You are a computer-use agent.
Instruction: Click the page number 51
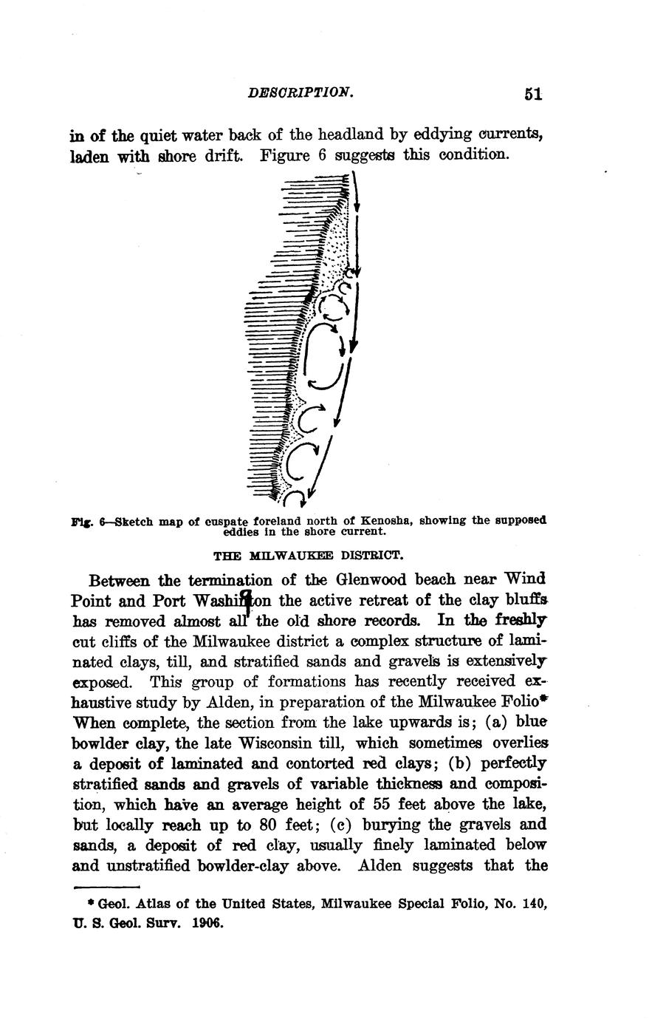tap(533, 94)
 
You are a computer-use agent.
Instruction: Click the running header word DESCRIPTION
tap(301, 92)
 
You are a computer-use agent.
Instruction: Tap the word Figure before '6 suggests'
tap(290, 155)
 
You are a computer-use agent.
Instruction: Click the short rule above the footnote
tap(107, 887)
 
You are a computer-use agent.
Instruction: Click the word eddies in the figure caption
tap(241, 531)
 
